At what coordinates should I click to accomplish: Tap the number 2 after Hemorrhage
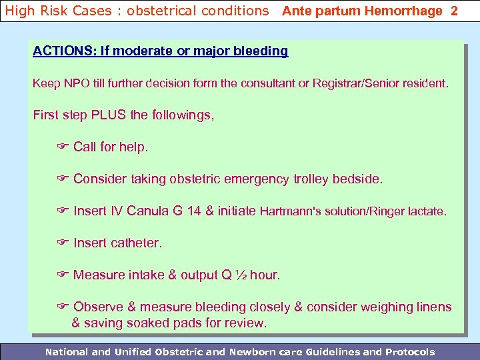[x=454, y=11]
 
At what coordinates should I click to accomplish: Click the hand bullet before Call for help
[x=63, y=147]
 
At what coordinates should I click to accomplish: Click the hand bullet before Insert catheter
[x=63, y=243]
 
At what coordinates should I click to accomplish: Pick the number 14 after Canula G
[x=194, y=211]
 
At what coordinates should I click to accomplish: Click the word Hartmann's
[x=291, y=211]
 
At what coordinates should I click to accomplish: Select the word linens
[x=433, y=307]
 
